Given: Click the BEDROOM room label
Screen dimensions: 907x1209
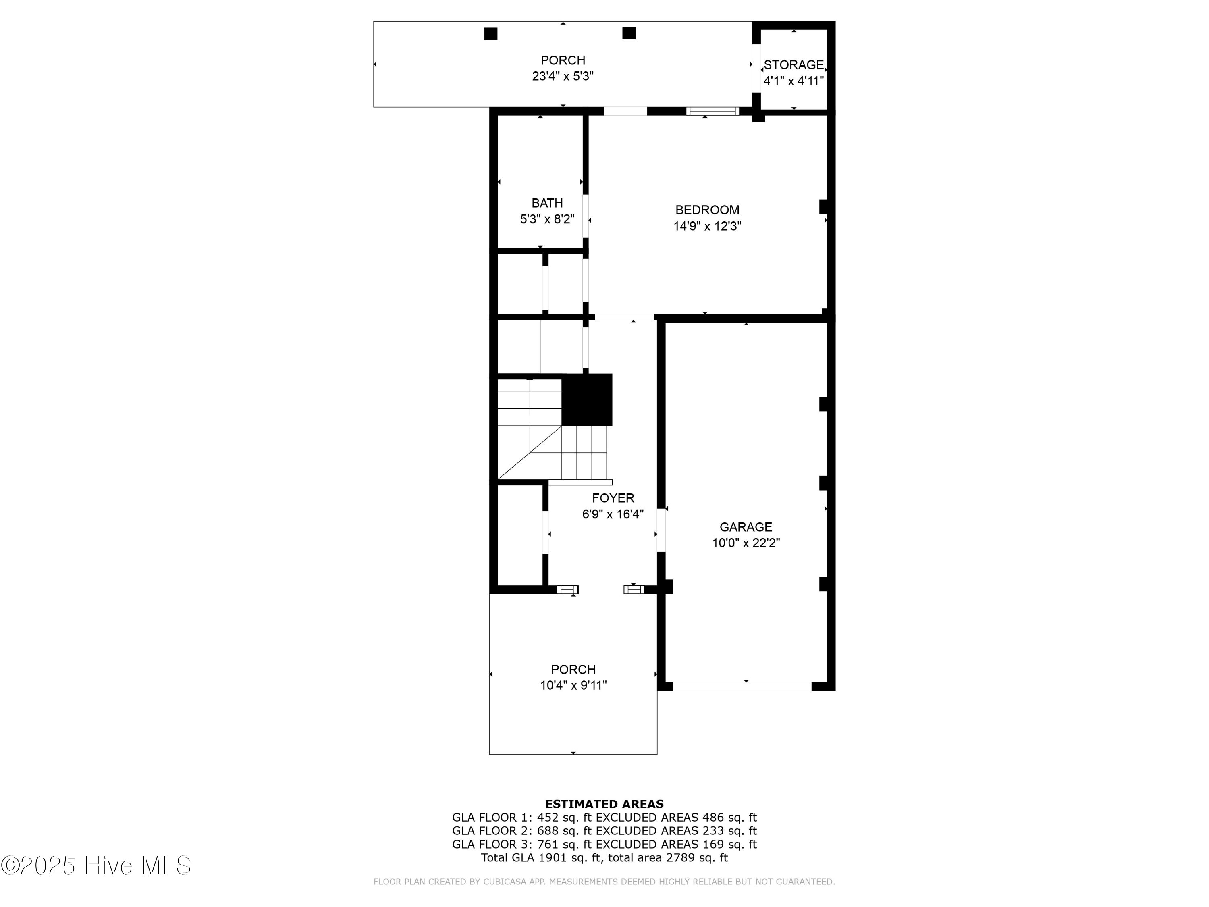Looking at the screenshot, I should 707,210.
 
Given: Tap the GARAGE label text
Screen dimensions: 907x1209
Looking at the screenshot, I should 746,527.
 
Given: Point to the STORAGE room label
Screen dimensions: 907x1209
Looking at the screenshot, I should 794,65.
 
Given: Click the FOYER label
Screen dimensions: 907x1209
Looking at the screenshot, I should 613,498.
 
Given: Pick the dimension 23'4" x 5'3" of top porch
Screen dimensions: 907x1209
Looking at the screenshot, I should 563,76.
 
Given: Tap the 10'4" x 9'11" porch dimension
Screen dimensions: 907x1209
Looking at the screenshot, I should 573,685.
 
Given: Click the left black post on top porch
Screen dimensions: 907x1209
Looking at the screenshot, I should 490,34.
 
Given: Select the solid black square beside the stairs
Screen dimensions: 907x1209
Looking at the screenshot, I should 587,399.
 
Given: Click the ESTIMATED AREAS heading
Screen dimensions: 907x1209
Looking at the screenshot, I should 604,804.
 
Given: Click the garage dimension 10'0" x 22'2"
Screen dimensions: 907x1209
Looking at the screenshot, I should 746,543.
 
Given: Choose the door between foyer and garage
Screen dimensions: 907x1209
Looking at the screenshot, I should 661,530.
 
